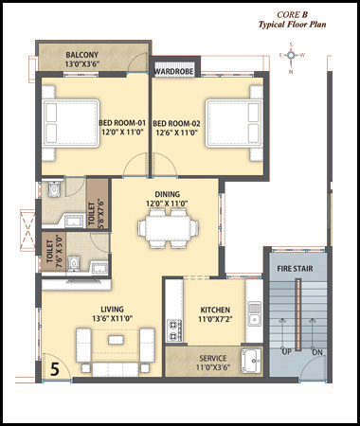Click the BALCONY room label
[82, 55]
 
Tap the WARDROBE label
[173, 72]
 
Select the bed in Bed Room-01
[71, 123]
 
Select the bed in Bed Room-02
[234, 123]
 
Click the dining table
[168, 228]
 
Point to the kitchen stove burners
[174, 330]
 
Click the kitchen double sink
[254, 313]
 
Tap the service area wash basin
[251, 361]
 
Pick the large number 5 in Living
[55, 369]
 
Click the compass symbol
[291, 56]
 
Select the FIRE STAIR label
[295, 269]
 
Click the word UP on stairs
[286, 351]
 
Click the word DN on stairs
[317, 352]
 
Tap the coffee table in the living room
[116, 340]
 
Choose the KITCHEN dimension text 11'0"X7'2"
[215, 319]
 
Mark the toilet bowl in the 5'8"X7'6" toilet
[54, 189]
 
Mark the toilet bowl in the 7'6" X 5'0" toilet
[74, 263]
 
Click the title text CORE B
[292, 14]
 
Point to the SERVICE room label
[213, 358]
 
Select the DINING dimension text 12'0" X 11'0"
[167, 204]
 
